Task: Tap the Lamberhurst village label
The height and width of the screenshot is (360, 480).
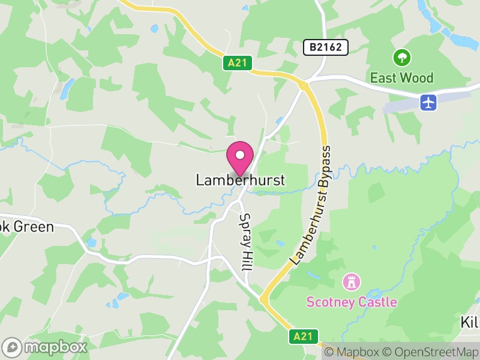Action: pyautogui.click(x=240, y=180)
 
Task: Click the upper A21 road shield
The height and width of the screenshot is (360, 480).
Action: pyautogui.click(x=237, y=63)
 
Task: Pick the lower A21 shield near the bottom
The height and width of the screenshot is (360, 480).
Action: pyautogui.click(x=303, y=337)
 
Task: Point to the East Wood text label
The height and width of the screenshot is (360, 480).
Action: pyautogui.click(x=401, y=78)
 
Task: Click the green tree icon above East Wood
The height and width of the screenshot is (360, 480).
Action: pyautogui.click(x=401, y=58)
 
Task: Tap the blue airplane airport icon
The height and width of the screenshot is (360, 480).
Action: pyautogui.click(x=428, y=102)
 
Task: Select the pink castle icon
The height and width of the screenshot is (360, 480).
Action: pyautogui.click(x=350, y=281)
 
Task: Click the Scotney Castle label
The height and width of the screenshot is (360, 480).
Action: pyautogui.click(x=352, y=302)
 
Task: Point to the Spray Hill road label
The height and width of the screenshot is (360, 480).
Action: pyautogui.click(x=245, y=243)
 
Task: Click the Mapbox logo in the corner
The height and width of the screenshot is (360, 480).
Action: pyautogui.click(x=46, y=347)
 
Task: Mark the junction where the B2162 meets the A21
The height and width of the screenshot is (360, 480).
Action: pyautogui.click(x=304, y=85)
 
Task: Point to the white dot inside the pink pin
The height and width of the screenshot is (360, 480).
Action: pyautogui.click(x=240, y=155)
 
